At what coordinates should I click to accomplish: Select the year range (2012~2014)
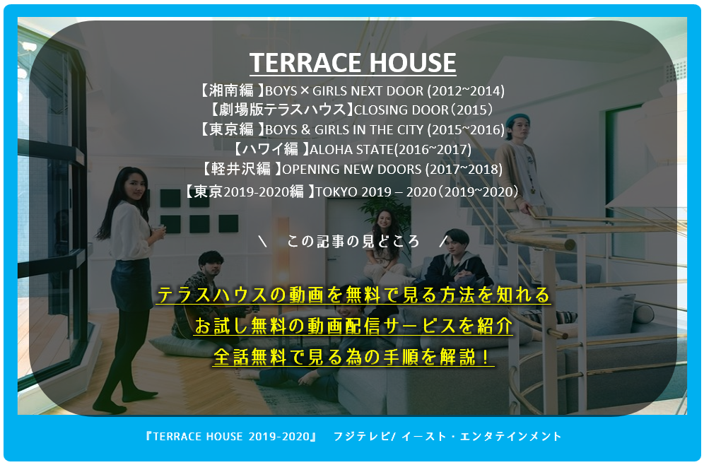point(466,91)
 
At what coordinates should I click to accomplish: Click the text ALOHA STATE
point(351,150)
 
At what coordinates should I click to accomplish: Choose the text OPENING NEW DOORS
point(351,169)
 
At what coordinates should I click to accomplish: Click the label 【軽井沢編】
point(240,169)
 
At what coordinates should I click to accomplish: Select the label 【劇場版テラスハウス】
point(281,110)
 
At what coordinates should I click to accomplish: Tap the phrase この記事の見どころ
point(353,242)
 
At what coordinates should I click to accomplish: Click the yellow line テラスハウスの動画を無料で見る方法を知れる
point(353,295)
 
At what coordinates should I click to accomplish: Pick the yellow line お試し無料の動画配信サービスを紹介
point(353,326)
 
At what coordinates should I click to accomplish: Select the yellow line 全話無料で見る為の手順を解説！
point(353,357)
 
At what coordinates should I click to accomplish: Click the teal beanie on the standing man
point(517,120)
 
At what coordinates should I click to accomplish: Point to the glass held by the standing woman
point(158,230)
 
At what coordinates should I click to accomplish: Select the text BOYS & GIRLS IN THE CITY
point(344,130)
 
